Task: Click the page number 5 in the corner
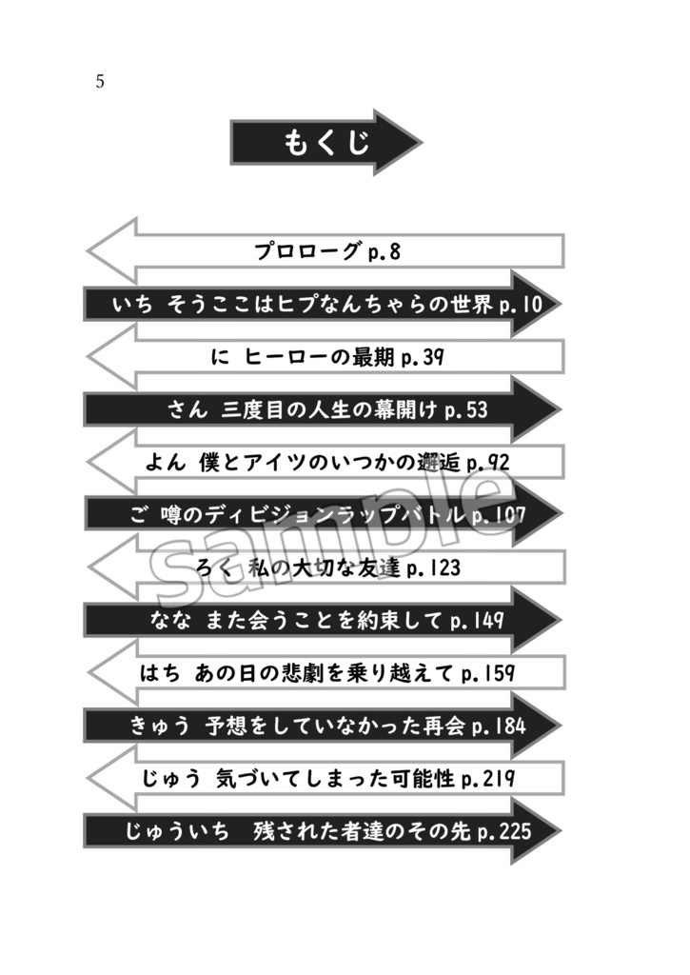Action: [x=100, y=82]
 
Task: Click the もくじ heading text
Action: [x=326, y=143]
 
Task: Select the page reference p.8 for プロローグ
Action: [x=383, y=252]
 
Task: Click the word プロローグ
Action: [x=307, y=252]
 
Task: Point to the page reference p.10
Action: [x=521, y=305]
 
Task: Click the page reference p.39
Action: [x=423, y=358]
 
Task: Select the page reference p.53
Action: [x=466, y=410]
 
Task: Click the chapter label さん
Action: [x=187, y=410]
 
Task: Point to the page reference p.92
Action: [x=488, y=464]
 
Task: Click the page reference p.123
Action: [x=434, y=568]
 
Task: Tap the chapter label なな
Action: [x=171, y=621]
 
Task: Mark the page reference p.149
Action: [x=476, y=621]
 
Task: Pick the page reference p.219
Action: [x=488, y=779]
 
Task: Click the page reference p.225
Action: [x=504, y=831]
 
